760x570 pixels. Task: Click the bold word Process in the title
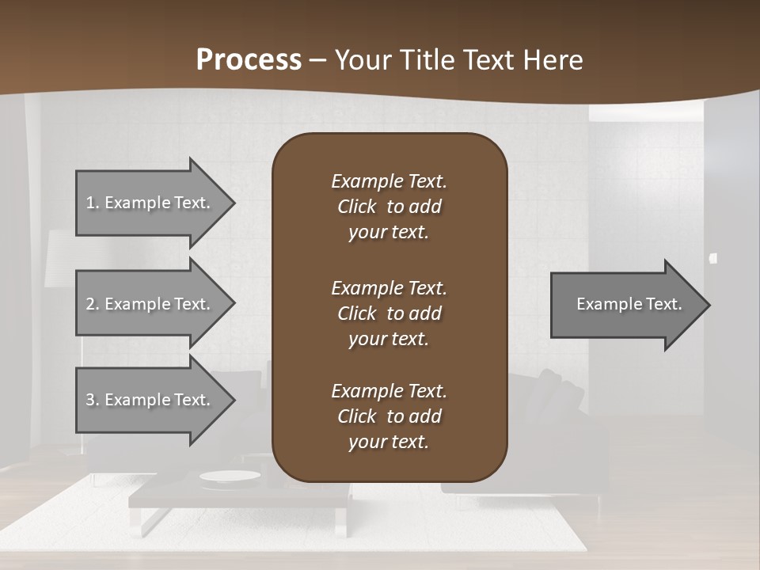[249, 60]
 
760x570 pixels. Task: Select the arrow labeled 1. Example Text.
[148, 203]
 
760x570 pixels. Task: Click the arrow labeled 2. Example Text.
[148, 304]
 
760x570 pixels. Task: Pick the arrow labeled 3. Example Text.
[148, 400]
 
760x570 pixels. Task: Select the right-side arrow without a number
[625, 304]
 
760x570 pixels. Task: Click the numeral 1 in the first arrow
[90, 203]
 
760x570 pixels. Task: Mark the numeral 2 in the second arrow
[90, 304]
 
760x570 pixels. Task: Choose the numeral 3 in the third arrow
[90, 400]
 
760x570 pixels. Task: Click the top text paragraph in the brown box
[389, 207]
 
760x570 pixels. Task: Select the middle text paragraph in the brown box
[389, 313]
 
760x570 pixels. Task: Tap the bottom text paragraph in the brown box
[389, 416]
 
